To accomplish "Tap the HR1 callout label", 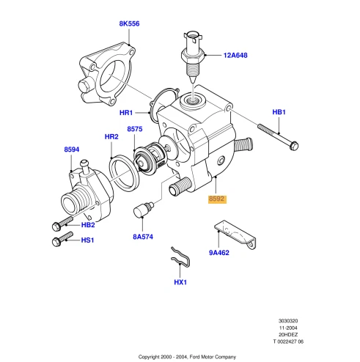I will click(x=125, y=113).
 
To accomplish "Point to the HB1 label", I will click(x=279, y=112).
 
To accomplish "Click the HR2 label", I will click(x=111, y=137).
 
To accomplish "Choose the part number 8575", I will click(x=134, y=129).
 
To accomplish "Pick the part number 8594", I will click(x=71, y=149).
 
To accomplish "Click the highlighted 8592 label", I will click(x=217, y=198).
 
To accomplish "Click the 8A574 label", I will click(x=143, y=237).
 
